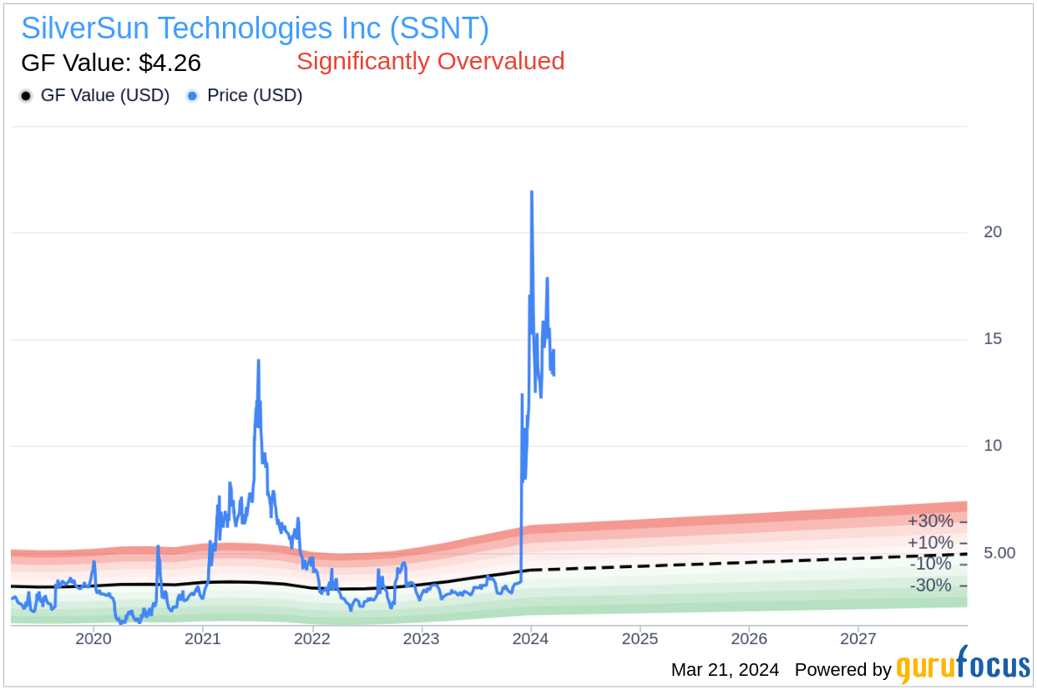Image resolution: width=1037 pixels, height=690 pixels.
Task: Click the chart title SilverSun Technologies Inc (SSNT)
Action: [255, 28]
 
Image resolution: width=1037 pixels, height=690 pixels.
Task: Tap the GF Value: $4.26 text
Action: [110, 63]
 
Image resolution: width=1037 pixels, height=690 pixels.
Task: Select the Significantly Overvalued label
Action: [430, 61]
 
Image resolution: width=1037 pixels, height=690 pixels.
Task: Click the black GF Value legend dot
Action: [26, 96]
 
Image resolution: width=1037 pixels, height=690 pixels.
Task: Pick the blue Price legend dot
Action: [192, 96]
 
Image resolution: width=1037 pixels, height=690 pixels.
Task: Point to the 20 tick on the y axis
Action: [993, 232]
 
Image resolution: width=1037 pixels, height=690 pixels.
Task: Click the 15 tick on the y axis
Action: [993, 339]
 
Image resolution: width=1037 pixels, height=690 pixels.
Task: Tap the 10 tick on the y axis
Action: [993, 446]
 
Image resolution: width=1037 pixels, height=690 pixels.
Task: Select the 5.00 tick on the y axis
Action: [999, 553]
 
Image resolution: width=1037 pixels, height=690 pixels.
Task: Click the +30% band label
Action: [930, 521]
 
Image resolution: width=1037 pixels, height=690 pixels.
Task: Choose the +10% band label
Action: [930, 543]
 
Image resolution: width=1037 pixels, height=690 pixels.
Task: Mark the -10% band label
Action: [930, 564]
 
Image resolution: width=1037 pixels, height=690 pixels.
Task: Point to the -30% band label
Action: [930, 586]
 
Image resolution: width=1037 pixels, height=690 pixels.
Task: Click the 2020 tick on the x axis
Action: [94, 639]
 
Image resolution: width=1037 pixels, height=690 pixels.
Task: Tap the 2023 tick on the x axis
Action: [421, 639]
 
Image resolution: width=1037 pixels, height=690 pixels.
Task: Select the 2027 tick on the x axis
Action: [857, 639]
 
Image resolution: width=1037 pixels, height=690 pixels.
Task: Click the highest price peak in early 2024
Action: [532, 192]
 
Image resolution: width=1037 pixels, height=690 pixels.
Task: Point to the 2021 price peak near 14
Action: [259, 361]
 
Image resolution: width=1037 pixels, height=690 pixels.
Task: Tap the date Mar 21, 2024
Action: [725, 670]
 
